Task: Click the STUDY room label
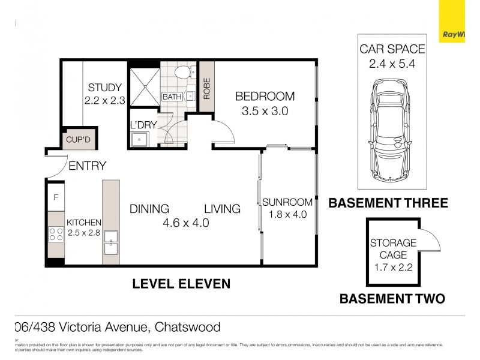[104, 88]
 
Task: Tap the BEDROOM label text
[265, 96]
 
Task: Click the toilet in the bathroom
[184, 73]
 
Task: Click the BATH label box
[172, 97]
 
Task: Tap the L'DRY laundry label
[143, 125]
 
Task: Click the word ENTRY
[87, 166]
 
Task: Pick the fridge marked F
[56, 197]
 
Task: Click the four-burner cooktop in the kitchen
[56, 234]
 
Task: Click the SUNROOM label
[287, 202]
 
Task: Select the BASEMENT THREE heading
[388, 203]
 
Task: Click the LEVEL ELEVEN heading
[181, 283]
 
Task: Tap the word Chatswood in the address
[188, 328]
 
